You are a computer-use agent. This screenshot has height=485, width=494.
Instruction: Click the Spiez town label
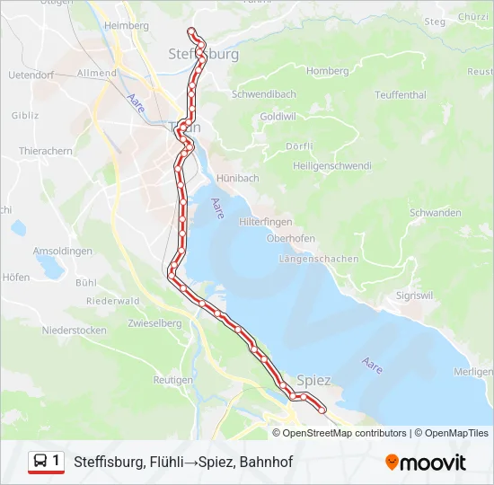313,381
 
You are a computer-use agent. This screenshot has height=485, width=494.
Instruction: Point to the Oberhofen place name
290,238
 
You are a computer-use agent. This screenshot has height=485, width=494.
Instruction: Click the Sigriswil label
417,295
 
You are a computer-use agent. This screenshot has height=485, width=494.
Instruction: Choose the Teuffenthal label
401,94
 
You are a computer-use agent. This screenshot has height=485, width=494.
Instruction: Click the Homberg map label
327,71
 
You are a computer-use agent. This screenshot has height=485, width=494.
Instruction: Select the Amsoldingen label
62,251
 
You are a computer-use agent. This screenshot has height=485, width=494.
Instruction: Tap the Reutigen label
173,380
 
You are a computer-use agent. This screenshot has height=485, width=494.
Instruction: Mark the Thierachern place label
46,152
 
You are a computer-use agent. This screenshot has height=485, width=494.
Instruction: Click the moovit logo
426,463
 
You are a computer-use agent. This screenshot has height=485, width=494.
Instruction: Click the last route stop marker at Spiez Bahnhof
322,411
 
